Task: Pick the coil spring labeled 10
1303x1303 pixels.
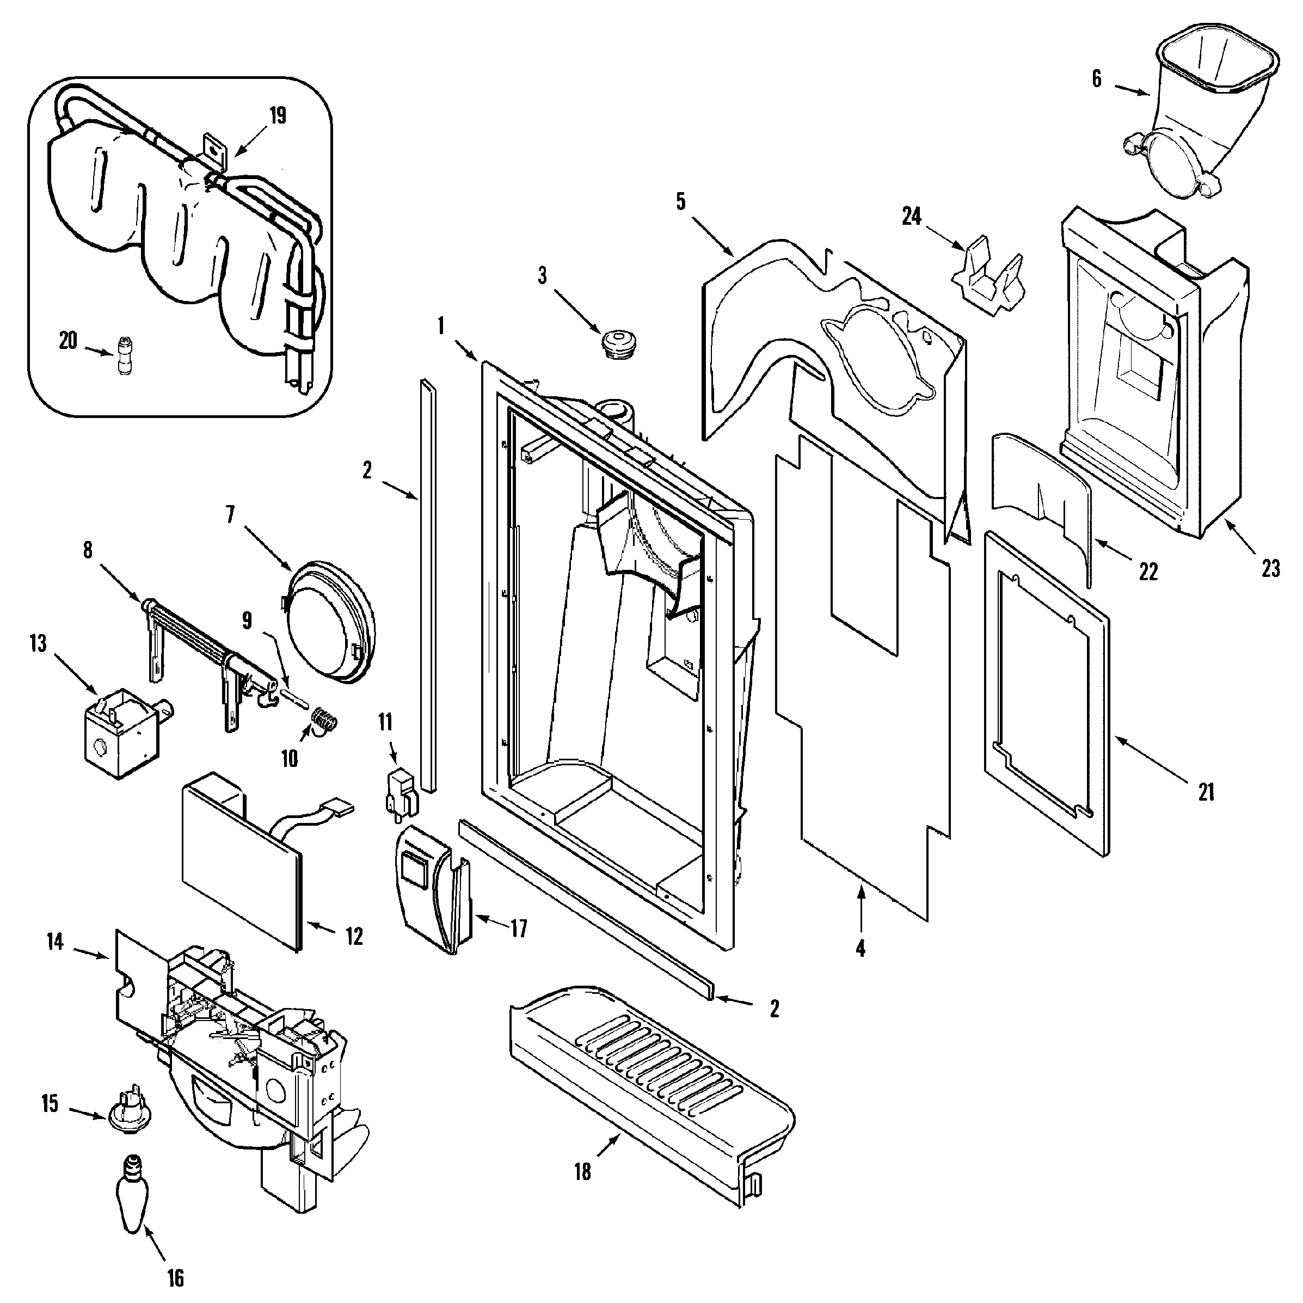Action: [x=325, y=720]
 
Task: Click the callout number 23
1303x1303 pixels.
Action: [x=1271, y=569]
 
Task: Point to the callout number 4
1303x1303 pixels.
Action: [x=861, y=949]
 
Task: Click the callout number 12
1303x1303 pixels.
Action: [x=354, y=936]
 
